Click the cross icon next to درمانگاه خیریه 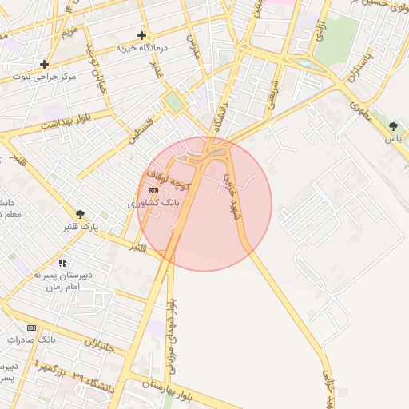(142, 35)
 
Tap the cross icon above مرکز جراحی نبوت (44, 64)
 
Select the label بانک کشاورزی (154, 204)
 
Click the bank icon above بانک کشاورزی (153, 190)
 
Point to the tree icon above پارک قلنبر (80, 214)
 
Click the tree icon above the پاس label (392, 126)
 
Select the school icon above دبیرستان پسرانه (62, 262)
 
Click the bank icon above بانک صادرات (31, 328)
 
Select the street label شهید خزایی (231, 193)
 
